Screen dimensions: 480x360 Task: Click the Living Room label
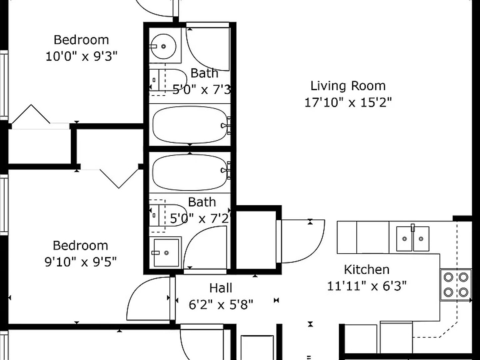coord(348,86)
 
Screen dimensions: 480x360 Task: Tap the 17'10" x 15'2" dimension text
coord(348,102)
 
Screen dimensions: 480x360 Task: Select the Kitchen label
coord(367,270)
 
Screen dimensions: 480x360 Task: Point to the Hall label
coord(221,288)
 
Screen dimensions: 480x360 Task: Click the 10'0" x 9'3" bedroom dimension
coord(81,56)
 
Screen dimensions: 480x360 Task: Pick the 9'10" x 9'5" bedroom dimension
coord(80,262)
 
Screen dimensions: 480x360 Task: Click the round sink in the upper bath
coord(163,46)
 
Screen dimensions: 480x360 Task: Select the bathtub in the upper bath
coord(190,125)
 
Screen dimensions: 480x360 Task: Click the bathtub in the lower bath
coord(190,173)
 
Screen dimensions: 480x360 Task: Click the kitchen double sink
coord(413,239)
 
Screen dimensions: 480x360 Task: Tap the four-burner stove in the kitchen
coord(456,285)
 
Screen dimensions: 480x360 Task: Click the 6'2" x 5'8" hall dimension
coord(221,304)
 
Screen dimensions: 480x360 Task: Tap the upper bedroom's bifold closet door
coord(31,114)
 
